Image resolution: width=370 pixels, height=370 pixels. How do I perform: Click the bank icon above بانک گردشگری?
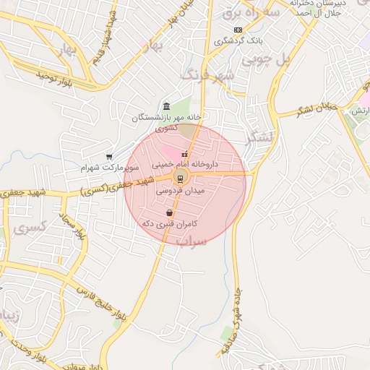pyautogui.click(x=238, y=29)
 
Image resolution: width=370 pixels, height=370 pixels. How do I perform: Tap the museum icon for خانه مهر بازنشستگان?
pyautogui.click(x=167, y=106)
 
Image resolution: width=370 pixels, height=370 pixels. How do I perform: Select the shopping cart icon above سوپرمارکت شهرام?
pyautogui.click(x=109, y=156)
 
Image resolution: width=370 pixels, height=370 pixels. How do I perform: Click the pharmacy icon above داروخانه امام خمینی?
pyautogui.click(x=185, y=154)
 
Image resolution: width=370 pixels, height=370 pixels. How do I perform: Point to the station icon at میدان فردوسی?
pyautogui.click(x=179, y=178)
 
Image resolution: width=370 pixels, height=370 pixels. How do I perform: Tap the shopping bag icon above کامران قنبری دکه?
pyautogui.click(x=169, y=213)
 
